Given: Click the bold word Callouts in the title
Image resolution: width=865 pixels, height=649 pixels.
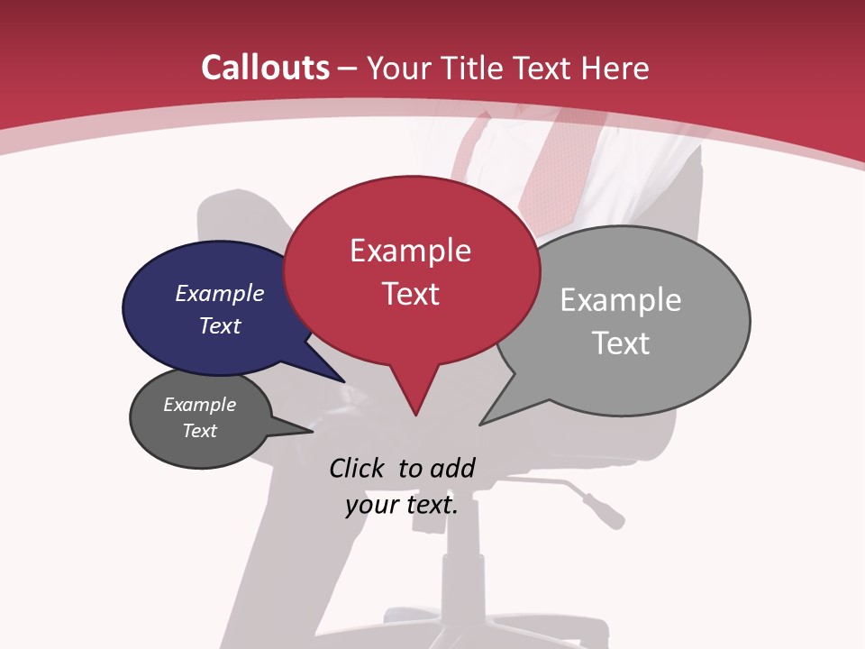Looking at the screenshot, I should point(265,68).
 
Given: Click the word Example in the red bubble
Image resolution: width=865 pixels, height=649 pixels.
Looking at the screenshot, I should point(410,251).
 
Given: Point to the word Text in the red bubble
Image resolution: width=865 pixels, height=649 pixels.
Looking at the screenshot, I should point(410,294).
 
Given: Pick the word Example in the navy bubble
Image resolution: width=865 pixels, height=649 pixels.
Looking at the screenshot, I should point(220,293).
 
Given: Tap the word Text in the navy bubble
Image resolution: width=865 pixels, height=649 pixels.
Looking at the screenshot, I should point(220,325).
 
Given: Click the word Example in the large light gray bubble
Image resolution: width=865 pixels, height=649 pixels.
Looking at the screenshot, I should point(620,300).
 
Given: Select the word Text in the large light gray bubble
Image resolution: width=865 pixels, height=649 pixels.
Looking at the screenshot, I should point(621,343).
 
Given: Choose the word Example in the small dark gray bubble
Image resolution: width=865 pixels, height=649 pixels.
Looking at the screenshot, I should point(199,405).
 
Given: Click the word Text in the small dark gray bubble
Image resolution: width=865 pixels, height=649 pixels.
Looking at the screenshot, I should point(199,431).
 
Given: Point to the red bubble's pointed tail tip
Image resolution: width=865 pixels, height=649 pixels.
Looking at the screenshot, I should point(415,414).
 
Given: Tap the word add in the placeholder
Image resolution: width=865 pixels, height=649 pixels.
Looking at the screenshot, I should point(451,468).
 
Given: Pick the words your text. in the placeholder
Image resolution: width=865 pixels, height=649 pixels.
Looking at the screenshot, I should point(401,505).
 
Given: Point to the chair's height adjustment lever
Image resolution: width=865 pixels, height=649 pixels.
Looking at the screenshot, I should point(590,501).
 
